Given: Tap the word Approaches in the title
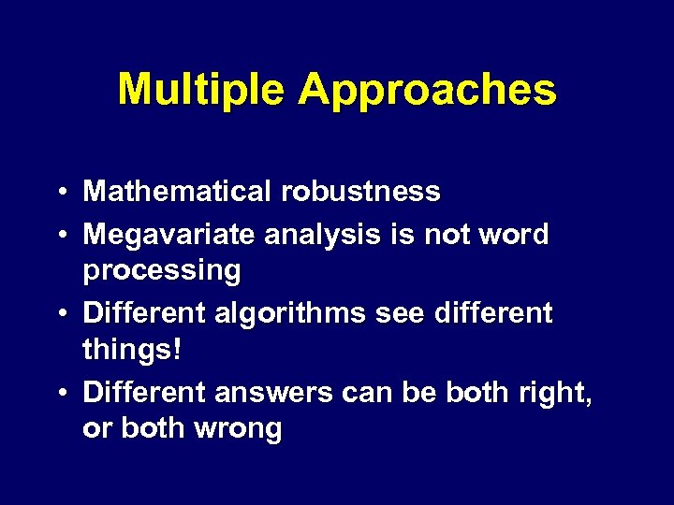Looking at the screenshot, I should coord(427,91).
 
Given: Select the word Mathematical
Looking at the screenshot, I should coord(177,192).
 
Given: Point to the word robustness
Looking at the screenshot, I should coord(359,192).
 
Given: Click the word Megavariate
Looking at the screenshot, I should coord(168,234).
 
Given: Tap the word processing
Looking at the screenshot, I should coord(162,271).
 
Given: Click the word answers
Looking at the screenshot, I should coord(272,393).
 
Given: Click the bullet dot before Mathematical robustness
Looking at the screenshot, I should coord(61,193).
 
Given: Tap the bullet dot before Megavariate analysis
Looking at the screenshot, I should coord(61,235).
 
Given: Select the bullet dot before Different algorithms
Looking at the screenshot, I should coord(61,313).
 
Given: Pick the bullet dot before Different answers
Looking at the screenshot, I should coord(61,394).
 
